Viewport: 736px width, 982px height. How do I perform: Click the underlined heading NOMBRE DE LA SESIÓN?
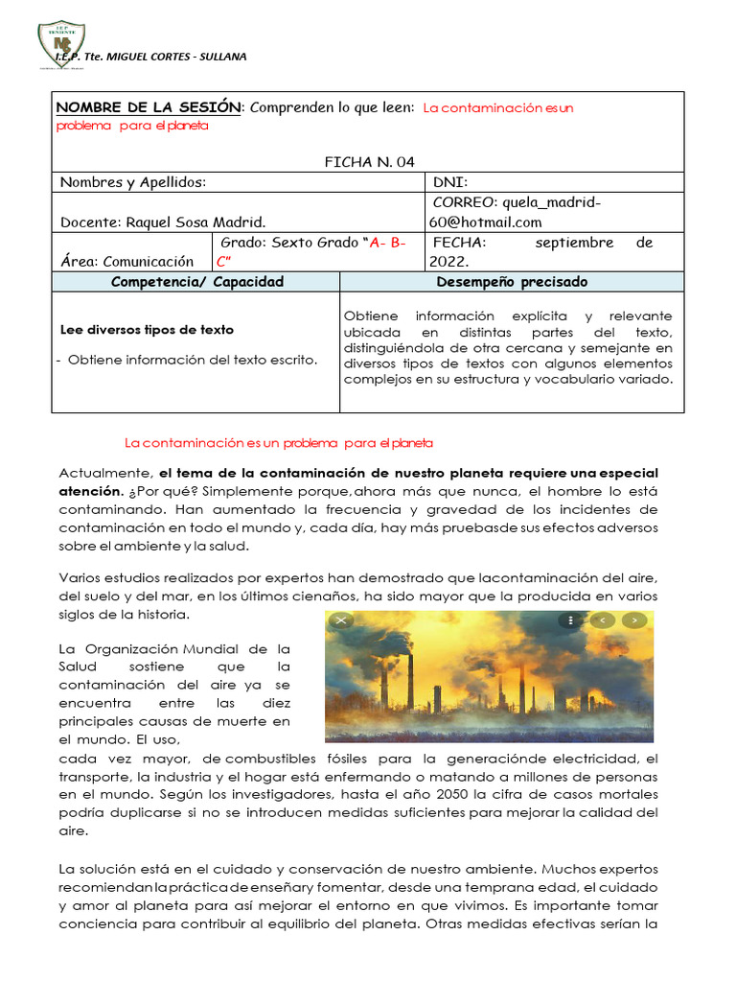tap(149, 107)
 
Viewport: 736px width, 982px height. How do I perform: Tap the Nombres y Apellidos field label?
tap(132, 182)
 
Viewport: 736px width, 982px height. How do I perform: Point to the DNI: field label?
tap(450, 182)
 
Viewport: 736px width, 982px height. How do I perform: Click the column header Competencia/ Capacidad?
tap(197, 282)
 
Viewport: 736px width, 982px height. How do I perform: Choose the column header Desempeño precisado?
tap(512, 282)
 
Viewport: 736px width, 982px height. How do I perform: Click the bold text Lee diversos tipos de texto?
tap(147, 330)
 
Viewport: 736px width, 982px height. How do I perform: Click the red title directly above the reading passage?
tap(279, 443)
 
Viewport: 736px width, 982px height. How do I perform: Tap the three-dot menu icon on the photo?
tap(570, 620)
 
